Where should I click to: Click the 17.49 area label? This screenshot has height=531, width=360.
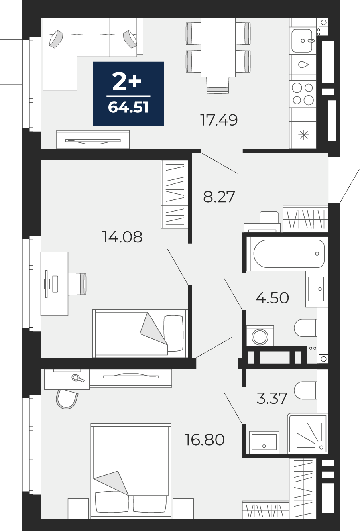[x=219, y=120]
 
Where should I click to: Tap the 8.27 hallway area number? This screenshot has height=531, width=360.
[x=219, y=197]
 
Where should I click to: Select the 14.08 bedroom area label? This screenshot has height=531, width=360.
[x=122, y=237]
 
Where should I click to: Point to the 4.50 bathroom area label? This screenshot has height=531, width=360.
[x=273, y=298]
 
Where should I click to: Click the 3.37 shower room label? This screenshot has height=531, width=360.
[x=272, y=398]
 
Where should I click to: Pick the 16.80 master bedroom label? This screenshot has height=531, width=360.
[x=204, y=439]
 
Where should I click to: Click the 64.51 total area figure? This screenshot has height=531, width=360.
[x=128, y=107]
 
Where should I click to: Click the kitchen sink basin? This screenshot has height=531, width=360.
[x=302, y=41]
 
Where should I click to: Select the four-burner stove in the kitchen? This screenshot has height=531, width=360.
[x=303, y=94]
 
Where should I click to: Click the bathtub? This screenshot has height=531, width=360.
[x=289, y=254]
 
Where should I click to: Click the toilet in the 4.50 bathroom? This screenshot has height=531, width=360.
[x=305, y=328]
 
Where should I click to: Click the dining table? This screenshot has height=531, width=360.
[x=218, y=47]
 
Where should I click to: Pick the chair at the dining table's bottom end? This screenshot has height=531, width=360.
[x=218, y=85]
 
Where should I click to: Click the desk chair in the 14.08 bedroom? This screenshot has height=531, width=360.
[x=77, y=284]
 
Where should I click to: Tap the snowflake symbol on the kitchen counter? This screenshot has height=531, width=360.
[x=303, y=135]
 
